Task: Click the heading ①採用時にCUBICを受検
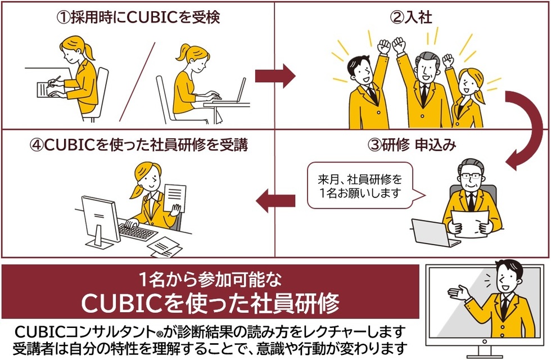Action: (x=137, y=17)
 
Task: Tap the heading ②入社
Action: (x=412, y=17)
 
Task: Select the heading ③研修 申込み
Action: (x=412, y=145)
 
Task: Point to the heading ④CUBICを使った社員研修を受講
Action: (x=137, y=145)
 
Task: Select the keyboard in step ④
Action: (x=138, y=231)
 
